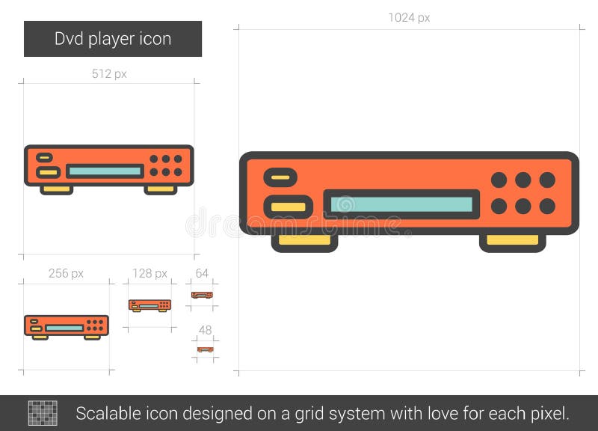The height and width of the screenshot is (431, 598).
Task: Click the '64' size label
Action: (x=202, y=273)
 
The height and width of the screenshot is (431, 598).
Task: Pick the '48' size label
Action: (x=205, y=330)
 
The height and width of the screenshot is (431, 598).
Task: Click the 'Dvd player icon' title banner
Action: (x=113, y=39)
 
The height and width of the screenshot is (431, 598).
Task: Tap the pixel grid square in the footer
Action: (x=43, y=413)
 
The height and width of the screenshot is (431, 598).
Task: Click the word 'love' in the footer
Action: (x=469, y=413)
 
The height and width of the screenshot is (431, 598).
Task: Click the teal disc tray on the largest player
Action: (x=401, y=204)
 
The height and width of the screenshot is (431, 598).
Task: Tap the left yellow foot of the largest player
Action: (x=304, y=241)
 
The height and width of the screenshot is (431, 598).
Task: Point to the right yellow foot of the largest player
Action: (x=512, y=241)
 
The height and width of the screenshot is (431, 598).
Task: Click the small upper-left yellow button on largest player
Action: (x=280, y=178)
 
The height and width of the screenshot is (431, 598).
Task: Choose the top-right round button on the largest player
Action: (x=547, y=180)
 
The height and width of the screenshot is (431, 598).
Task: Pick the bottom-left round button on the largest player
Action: (x=499, y=206)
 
